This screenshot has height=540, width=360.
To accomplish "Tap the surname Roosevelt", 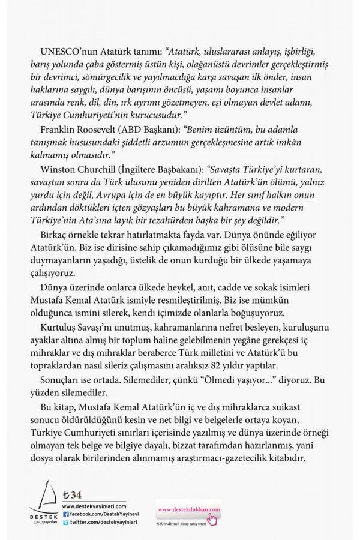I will pos(102,131).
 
